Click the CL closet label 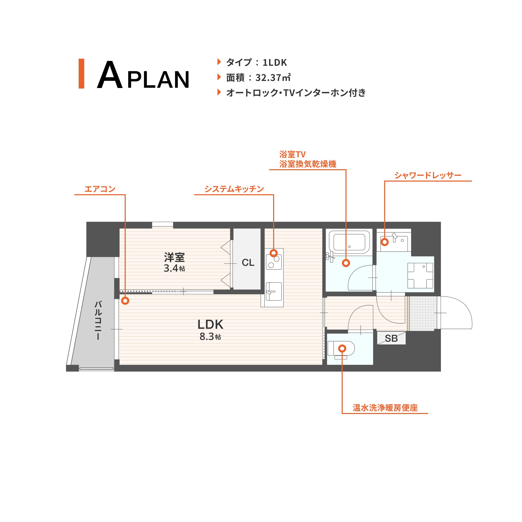coord(248,263)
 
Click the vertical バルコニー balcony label coord(98,320)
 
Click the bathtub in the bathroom coord(349,242)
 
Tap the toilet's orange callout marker coord(342,349)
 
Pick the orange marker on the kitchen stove coord(273,253)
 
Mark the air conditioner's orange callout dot coord(125,301)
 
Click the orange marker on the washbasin coord(385,242)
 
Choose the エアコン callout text coord(100,189)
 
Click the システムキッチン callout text coord(234,189)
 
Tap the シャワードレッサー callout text coord(428,175)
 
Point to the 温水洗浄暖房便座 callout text coord(385,408)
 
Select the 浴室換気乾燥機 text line coord(308,164)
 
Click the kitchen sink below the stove coord(274,292)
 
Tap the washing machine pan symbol coord(420,275)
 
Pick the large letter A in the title coord(110,75)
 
